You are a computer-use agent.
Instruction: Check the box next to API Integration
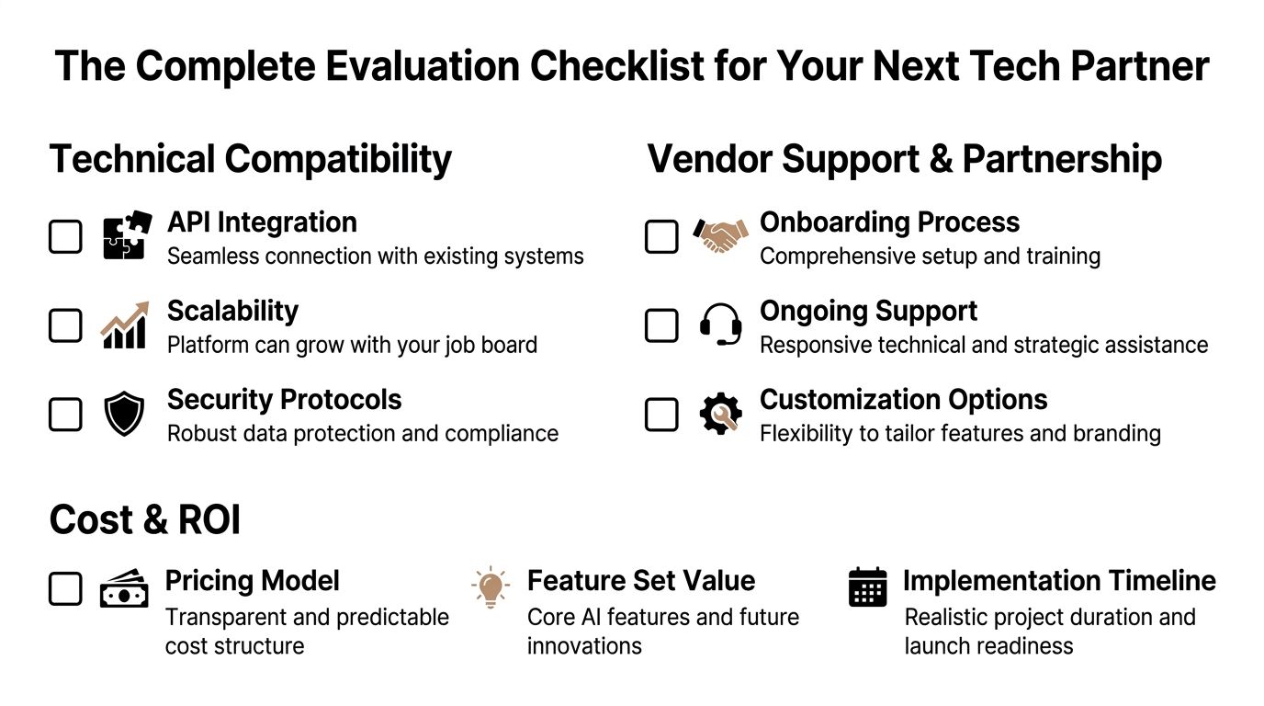(x=65, y=237)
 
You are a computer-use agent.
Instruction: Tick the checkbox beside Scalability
(x=65, y=325)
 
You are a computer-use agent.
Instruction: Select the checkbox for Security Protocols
(x=65, y=415)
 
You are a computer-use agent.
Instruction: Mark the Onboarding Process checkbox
(x=661, y=237)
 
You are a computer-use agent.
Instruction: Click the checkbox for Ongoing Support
(x=661, y=325)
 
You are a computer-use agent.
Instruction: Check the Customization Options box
(x=661, y=415)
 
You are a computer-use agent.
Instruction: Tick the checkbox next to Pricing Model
(x=65, y=589)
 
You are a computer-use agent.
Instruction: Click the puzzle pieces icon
(x=125, y=236)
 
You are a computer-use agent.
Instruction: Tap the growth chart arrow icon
(x=124, y=325)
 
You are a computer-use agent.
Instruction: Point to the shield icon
(x=124, y=415)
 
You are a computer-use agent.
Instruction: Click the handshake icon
(x=720, y=236)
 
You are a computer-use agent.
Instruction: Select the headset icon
(x=720, y=325)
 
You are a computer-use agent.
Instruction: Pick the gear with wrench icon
(x=720, y=415)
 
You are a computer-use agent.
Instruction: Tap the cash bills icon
(x=124, y=589)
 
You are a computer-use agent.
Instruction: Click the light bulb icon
(x=491, y=587)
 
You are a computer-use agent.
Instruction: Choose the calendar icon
(x=867, y=587)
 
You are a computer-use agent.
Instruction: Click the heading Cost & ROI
(x=145, y=519)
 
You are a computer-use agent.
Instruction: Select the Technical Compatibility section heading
(x=250, y=158)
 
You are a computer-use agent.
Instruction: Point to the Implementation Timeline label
(x=1058, y=581)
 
